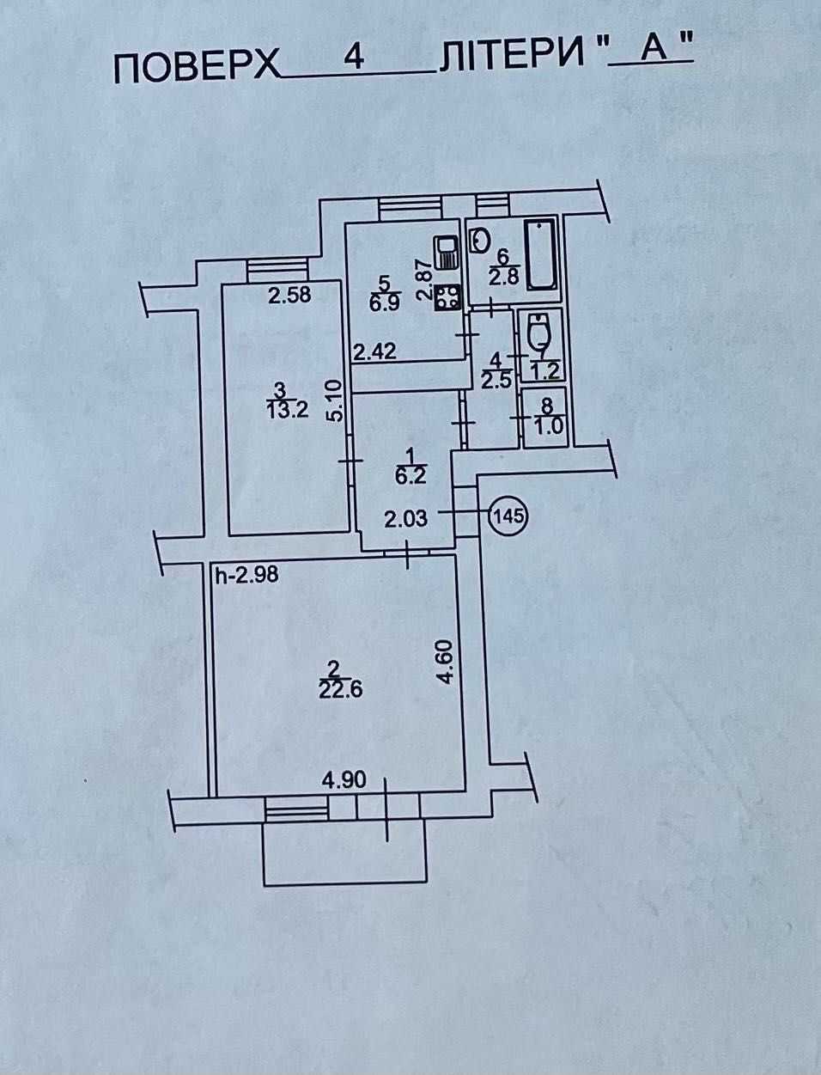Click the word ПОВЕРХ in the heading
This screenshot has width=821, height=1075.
[x=197, y=69]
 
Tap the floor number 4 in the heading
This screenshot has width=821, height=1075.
[x=354, y=58]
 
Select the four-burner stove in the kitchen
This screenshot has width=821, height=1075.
[x=447, y=296]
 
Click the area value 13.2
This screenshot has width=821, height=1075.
[x=288, y=408]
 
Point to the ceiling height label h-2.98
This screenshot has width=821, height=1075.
[x=247, y=574]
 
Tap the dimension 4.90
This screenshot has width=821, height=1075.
[x=344, y=780]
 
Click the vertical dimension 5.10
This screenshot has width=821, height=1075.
[x=336, y=402]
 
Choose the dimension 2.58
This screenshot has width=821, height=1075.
[x=289, y=295]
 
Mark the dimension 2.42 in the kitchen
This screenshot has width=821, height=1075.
[x=374, y=351]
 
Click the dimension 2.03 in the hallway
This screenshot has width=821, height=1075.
[x=405, y=519]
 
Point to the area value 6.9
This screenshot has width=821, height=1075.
[x=385, y=302]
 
